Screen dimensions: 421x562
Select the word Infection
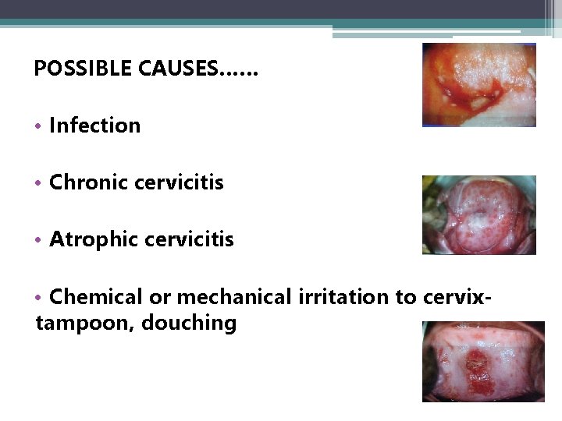(94, 126)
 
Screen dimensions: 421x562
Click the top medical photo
(478, 84)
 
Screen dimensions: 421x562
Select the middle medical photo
(478, 214)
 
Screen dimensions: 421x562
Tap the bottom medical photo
(482, 361)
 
